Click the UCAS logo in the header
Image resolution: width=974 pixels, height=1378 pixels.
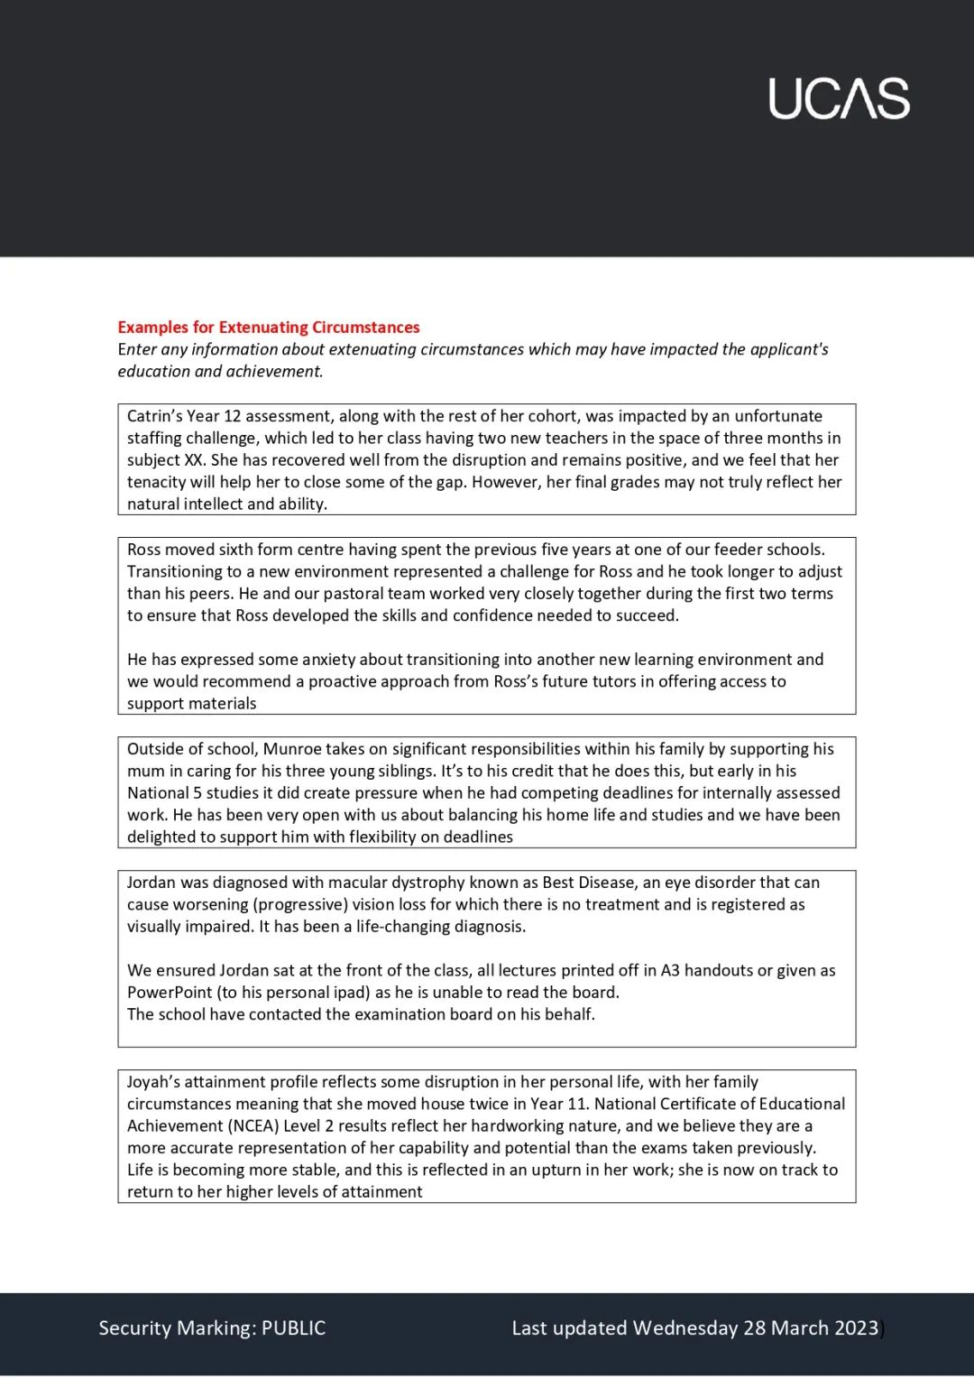pos(839,98)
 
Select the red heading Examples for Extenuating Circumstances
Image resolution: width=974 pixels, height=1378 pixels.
pos(269,328)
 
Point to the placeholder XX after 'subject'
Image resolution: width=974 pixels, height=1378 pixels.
pos(194,460)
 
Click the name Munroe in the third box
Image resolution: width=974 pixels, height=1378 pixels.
pos(292,749)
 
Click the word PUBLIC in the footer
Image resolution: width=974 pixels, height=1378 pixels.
pos(293,1328)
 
